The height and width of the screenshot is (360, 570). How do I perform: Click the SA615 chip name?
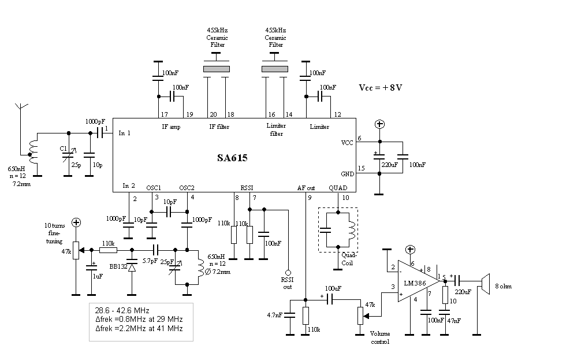click(232, 158)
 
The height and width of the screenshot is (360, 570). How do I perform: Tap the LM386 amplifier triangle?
click(419, 281)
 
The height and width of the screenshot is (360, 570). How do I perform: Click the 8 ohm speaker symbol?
click(485, 284)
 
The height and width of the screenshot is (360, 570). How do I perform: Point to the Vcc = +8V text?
click(380, 88)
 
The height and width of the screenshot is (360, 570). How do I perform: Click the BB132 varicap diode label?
click(118, 266)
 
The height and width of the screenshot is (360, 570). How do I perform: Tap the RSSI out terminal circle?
click(288, 272)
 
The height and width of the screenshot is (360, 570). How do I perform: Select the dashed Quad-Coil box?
click(338, 230)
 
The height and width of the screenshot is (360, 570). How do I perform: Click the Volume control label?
click(380, 337)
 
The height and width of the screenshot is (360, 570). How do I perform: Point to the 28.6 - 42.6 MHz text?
click(122, 310)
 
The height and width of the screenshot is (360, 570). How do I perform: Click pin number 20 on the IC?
click(213, 114)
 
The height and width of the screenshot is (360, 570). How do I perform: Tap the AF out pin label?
click(306, 188)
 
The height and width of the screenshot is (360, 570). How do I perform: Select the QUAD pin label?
click(338, 188)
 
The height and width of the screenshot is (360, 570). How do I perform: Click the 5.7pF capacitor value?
click(150, 261)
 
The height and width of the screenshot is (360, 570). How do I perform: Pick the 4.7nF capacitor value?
click(274, 316)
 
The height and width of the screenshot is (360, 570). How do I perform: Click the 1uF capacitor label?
click(98, 276)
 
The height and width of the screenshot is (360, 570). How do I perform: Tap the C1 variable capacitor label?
click(64, 149)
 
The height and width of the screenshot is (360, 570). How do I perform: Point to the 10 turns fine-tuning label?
click(54, 233)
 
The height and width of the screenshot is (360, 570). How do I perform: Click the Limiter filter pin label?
click(276, 130)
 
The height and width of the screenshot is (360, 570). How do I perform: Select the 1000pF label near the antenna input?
click(95, 122)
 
